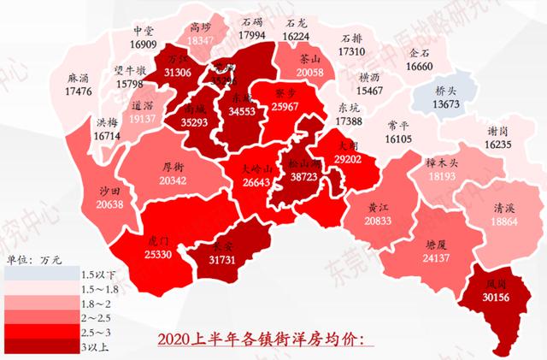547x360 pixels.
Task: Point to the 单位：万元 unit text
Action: click(x=32, y=261)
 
